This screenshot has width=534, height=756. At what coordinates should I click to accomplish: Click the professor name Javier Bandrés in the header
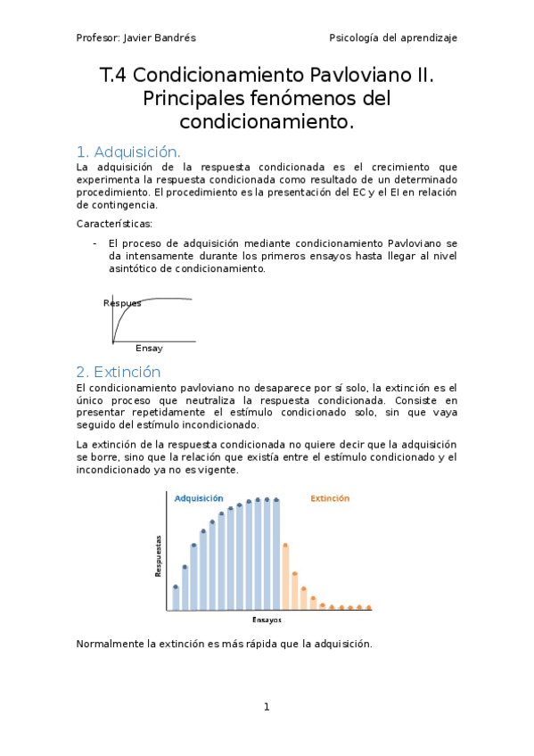[x=164, y=38]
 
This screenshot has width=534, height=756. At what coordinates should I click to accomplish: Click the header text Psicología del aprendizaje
[x=393, y=38]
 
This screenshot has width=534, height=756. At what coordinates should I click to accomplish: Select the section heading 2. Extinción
[x=119, y=372]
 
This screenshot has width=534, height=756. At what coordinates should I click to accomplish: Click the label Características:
[x=114, y=223]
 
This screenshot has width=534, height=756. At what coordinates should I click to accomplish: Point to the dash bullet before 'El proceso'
[x=95, y=242]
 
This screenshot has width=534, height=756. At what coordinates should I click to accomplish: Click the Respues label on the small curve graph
[x=122, y=303]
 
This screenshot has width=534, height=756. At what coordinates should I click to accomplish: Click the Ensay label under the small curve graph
[x=149, y=348]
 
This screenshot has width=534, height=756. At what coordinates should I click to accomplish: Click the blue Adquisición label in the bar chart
[x=199, y=498]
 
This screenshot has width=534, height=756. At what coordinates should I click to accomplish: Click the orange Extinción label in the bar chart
[x=330, y=498]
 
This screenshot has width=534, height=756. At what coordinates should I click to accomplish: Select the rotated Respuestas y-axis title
[x=159, y=555]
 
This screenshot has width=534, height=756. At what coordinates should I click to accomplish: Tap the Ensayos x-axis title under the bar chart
[x=267, y=619]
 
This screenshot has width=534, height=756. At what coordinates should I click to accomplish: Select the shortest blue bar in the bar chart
[x=176, y=598]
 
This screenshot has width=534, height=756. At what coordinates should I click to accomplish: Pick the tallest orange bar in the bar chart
[x=285, y=577]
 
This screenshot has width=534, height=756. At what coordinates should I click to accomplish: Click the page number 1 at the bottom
[x=266, y=707]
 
